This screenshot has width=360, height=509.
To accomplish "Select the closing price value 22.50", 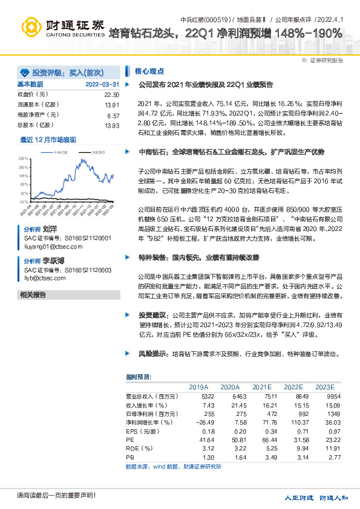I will tap(112, 95).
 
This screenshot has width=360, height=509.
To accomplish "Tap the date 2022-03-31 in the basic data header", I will tap(102, 84).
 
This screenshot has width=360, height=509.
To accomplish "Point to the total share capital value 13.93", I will tap(112, 125).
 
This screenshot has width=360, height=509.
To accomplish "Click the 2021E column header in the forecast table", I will tap(262, 386).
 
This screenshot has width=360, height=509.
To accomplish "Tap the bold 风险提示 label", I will tap(152, 353).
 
